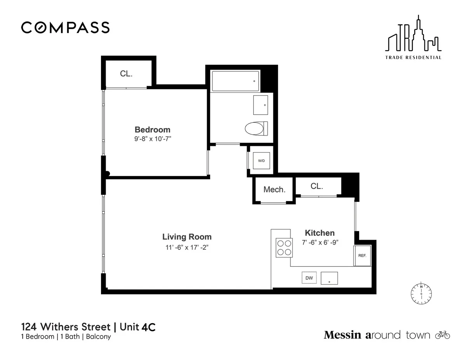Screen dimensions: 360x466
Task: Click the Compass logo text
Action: click(x=65, y=28)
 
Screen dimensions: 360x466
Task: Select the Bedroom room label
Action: click(x=152, y=130)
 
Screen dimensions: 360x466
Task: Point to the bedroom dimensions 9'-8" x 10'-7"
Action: click(x=152, y=139)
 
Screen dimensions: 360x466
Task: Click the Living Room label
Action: click(x=187, y=237)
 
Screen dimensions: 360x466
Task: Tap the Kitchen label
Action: click(x=320, y=233)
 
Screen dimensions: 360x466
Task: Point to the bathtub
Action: click(x=235, y=81)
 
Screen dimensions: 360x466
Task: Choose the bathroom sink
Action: click(x=261, y=105)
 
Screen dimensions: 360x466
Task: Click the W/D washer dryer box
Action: click(x=261, y=161)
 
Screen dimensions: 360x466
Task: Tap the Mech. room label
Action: click(x=274, y=190)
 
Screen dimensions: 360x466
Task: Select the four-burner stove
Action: click(x=283, y=247)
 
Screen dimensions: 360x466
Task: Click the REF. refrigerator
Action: click(x=362, y=256)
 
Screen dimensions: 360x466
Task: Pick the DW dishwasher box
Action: click(x=310, y=278)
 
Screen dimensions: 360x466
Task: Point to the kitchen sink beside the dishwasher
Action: click(x=329, y=278)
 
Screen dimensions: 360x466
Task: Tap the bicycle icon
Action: click(x=442, y=335)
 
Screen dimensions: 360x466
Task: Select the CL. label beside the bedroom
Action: click(x=126, y=74)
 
